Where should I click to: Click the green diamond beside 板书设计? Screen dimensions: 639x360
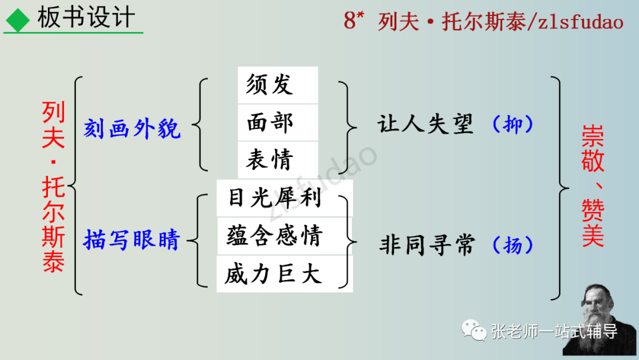[x=18, y=21]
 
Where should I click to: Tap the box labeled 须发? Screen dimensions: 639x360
[x=277, y=85]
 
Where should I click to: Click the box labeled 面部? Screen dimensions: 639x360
[x=277, y=123]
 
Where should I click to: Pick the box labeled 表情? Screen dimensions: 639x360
[x=277, y=159]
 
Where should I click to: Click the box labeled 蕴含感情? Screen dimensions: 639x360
[x=283, y=236]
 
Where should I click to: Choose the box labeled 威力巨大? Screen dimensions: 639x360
[x=283, y=274]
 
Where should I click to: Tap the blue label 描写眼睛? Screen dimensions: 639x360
[x=131, y=240]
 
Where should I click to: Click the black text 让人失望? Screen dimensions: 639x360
[x=425, y=124]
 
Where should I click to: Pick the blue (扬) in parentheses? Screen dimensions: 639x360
[x=513, y=245]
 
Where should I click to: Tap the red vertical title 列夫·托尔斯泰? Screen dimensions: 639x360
[x=54, y=186]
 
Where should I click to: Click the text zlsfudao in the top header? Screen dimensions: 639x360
[x=580, y=22]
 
